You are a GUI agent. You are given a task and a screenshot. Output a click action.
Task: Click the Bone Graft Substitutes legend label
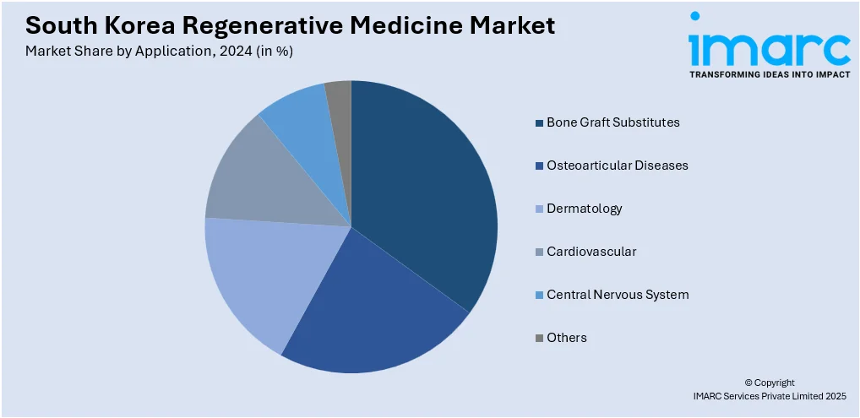[612, 122]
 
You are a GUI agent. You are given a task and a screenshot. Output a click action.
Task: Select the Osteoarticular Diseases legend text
[617, 166]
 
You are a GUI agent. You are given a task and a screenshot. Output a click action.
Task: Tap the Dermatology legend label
[584, 209]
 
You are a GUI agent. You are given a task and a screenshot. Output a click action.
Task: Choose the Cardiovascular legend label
[591, 252]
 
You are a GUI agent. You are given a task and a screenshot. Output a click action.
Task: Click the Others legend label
[566, 338]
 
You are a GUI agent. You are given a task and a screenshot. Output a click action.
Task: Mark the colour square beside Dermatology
[539, 209]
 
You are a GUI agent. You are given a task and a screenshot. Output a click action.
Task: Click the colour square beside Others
[539, 339]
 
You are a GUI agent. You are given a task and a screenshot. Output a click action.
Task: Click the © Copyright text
[770, 383]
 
